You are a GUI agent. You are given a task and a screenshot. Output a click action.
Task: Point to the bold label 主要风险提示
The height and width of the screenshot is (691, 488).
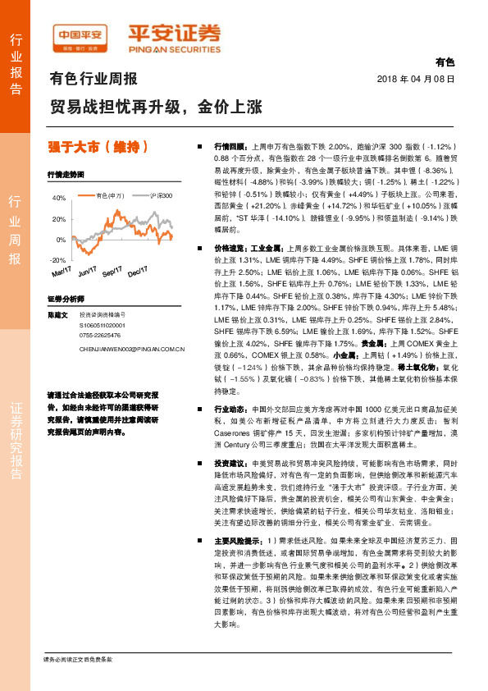tap(237, 541)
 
